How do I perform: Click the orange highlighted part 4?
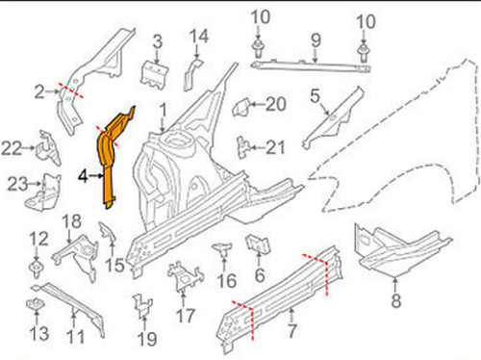point(112,154)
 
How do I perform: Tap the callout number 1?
point(164,110)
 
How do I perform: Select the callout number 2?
point(39,91)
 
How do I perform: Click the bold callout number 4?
point(84,176)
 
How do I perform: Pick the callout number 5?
point(314,95)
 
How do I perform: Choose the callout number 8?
point(395,300)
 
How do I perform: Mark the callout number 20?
point(276,104)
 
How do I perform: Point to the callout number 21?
point(276,146)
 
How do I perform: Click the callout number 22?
point(12,147)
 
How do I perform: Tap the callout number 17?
point(185,313)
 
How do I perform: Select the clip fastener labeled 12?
point(36,262)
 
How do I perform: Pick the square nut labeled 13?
point(36,305)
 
